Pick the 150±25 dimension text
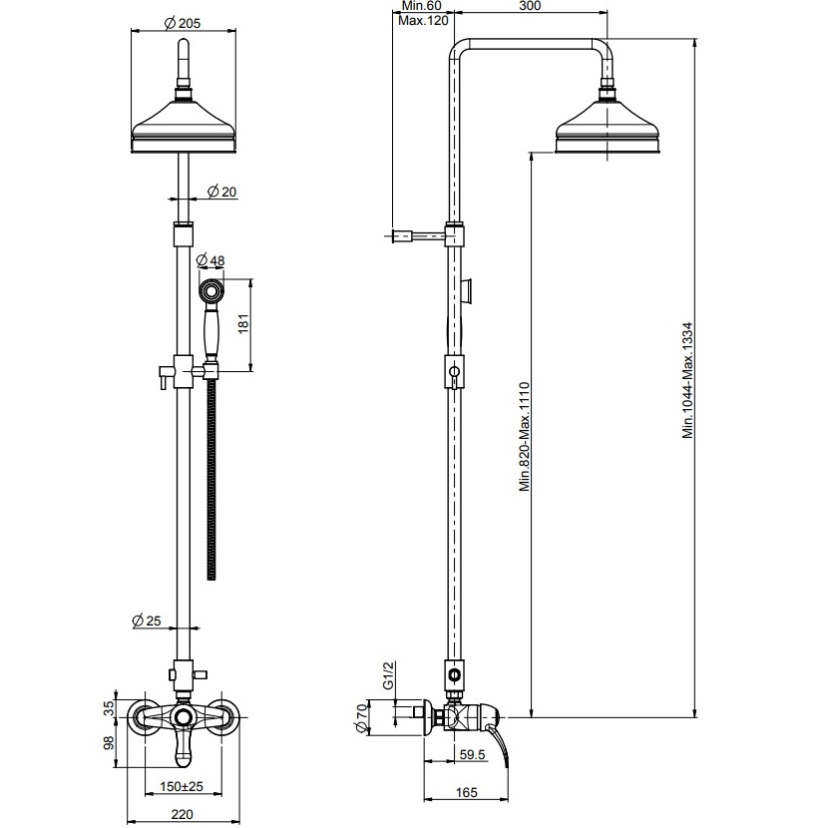pyautogui.click(x=181, y=787)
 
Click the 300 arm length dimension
pyautogui.click(x=532, y=7)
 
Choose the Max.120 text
pyautogui.click(x=421, y=20)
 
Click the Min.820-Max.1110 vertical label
pyautogui.click(x=524, y=436)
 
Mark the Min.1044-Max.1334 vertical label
pyautogui.click(x=687, y=379)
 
